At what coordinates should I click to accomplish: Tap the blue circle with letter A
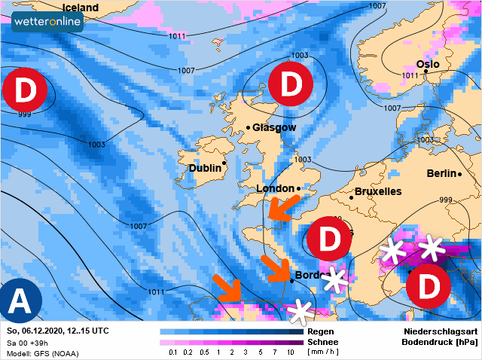[21, 301]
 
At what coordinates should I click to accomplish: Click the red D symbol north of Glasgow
[291, 84]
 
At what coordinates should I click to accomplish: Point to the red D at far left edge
[25, 91]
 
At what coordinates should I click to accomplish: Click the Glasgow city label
[274, 128]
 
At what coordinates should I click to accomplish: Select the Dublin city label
[204, 168]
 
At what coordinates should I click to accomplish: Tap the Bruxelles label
[377, 192]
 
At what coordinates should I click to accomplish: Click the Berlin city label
[441, 173]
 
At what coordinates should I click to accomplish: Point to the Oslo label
[427, 65]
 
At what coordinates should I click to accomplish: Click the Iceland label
[79, 8]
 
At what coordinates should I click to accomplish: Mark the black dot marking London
[299, 188]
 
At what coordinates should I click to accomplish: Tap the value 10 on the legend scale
[291, 352]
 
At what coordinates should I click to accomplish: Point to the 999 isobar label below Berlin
[446, 200]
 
